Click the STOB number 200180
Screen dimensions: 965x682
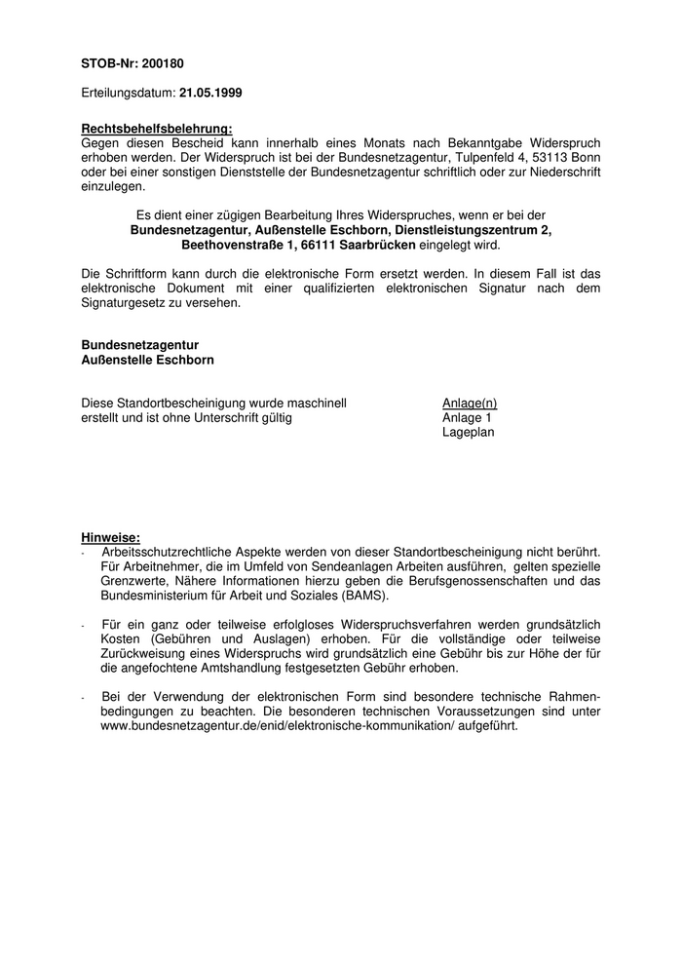coord(164,64)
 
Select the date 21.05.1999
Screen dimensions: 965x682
coord(211,93)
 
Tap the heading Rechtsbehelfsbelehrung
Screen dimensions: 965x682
coord(156,128)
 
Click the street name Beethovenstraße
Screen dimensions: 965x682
coord(231,245)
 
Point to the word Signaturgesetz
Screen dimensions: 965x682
coord(128,303)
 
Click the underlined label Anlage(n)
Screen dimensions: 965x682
coord(470,403)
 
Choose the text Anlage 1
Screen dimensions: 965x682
coord(468,417)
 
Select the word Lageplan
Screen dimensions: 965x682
coord(469,432)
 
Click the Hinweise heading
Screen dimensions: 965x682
coord(110,537)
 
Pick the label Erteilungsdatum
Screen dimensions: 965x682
coord(128,93)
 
